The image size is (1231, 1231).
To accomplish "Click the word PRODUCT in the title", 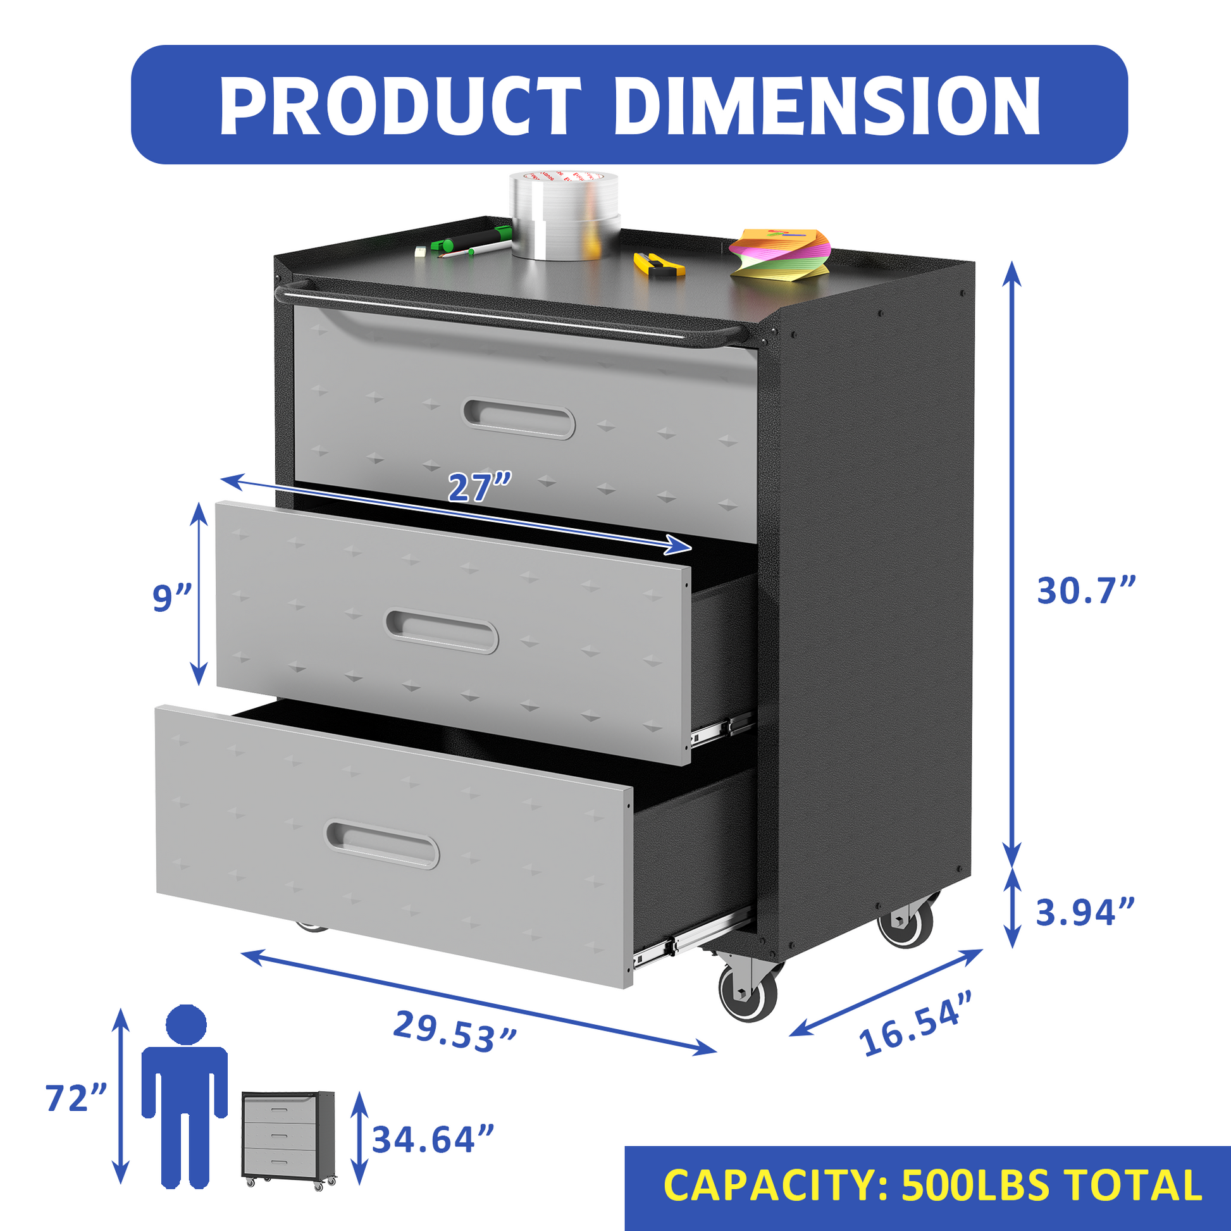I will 400,106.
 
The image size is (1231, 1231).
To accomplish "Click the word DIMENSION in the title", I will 827,106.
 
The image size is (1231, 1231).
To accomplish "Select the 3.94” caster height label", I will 1085,912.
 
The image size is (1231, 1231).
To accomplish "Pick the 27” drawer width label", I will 479,488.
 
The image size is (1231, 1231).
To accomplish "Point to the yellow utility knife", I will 659,264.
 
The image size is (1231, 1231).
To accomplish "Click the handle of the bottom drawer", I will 382,845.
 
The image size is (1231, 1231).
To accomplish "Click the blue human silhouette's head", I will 186,1024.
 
